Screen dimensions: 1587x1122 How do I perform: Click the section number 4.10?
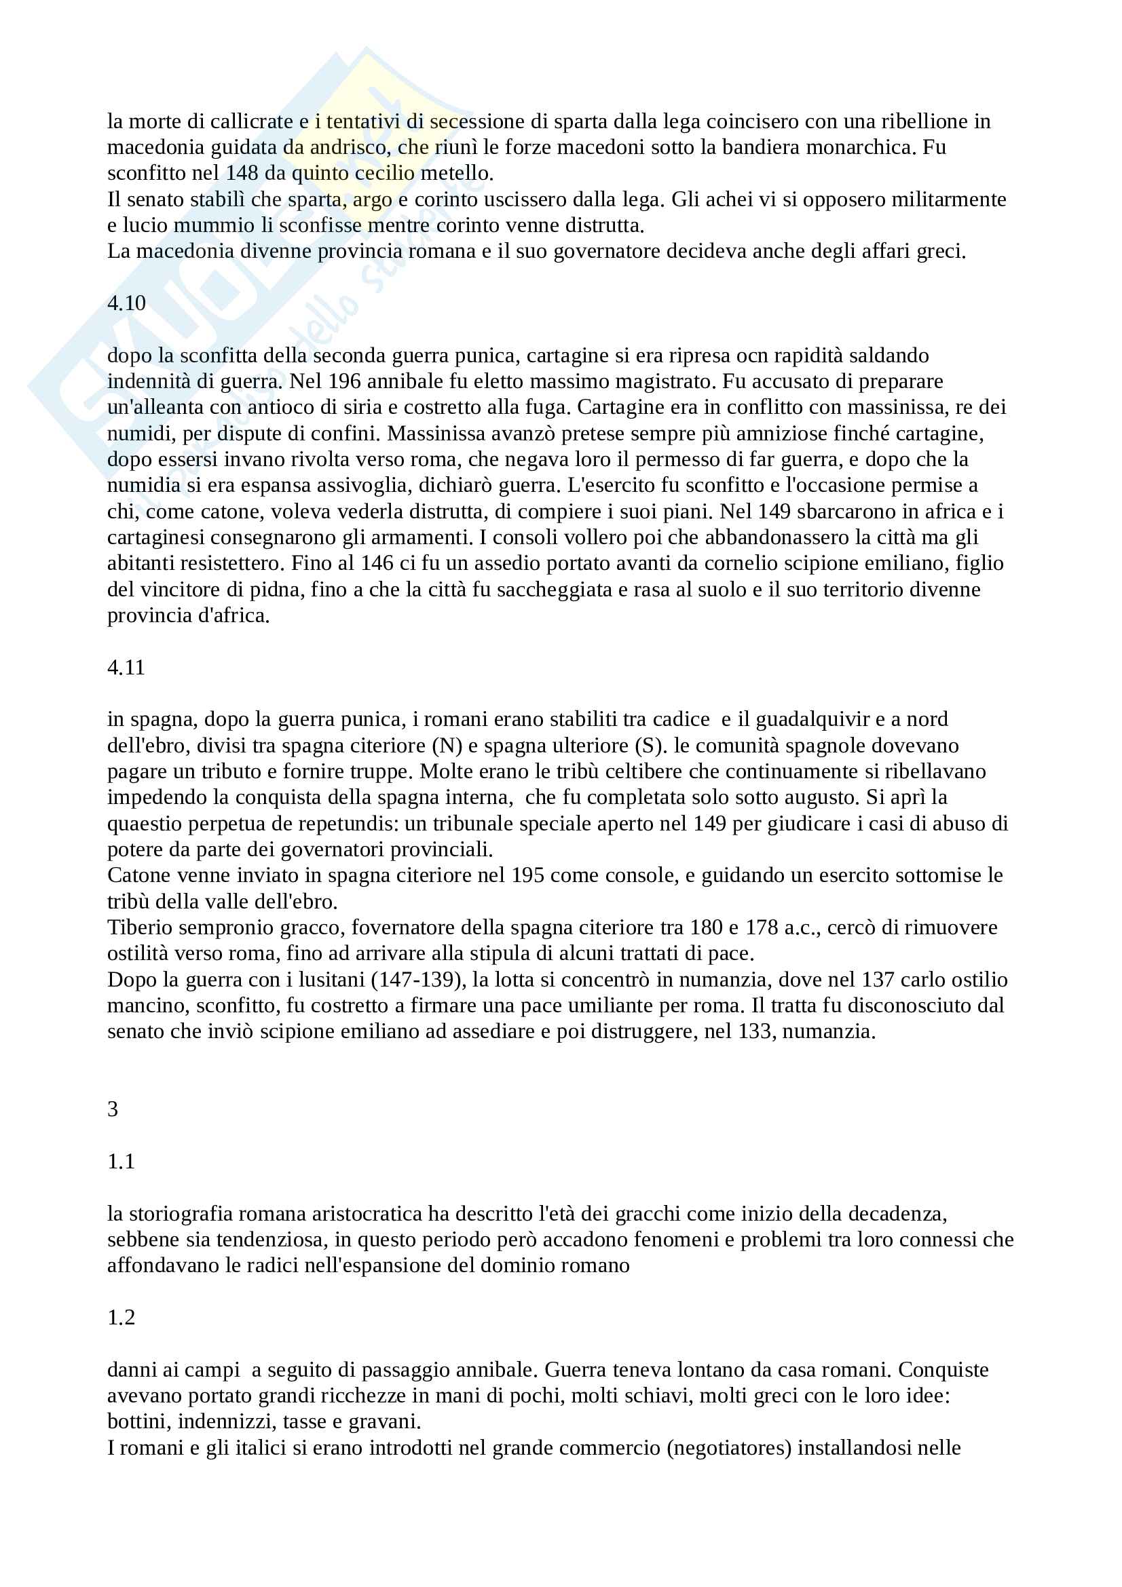pyautogui.click(x=126, y=303)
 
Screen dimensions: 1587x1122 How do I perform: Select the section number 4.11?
pyautogui.click(x=126, y=667)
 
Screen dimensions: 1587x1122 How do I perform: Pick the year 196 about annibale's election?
pyautogui.click(x=344, y=381)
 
